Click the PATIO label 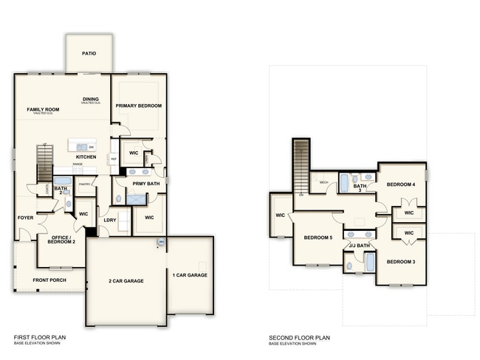pyautogui.click(x=89, y=54)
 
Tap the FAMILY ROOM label pyautogui.click(x=43, y=109)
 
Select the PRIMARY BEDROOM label pyautogui.click(x=139, y=105)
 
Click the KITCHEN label pyautogui.click(x=86, y=157)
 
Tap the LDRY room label pyautogui.click(x=110, y=219)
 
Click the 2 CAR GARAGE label pyautogui.click(x=125, y=281)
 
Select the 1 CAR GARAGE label pyautogui.click(x=190, y=275)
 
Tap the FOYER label pyautogui.click(x=26, y=218)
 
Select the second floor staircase pyautogui.click(x=301, y=164)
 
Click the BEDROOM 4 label pyautogui.click(x=398, y=184)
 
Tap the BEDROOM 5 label pyautogui.click(x=318, y=238)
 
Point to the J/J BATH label pyautogui.click(x=359, y=245)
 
